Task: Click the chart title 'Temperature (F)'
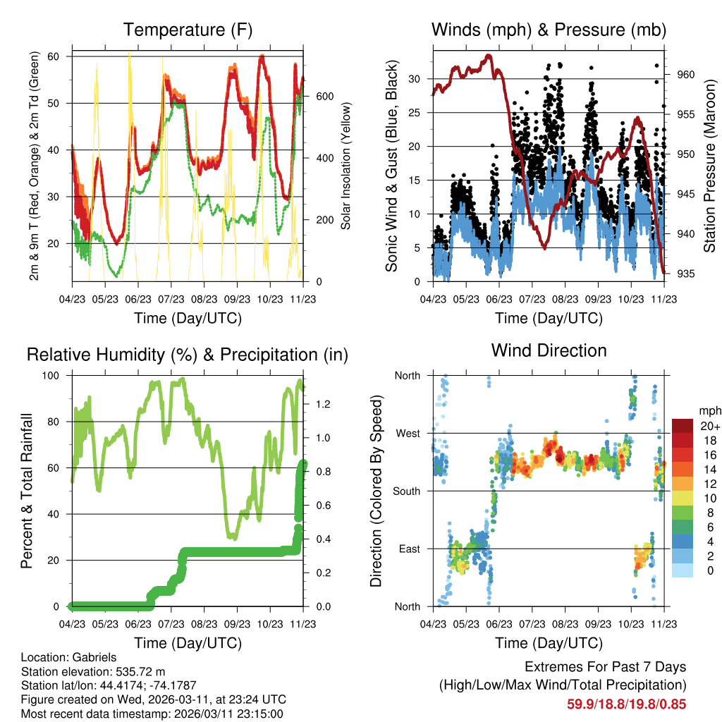tap(188, 30)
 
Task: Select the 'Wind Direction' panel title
tap(549, 350)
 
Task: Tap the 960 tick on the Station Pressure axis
tap(687, 74)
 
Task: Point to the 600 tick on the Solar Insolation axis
tap(325, 96)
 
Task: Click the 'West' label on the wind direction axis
tap(408, 433)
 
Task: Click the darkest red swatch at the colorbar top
tap(682, 425)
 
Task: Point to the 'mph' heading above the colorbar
tap(709, 410)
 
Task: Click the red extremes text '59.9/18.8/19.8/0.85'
tap(626, 704)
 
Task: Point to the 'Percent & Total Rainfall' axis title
tap(27, 491)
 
